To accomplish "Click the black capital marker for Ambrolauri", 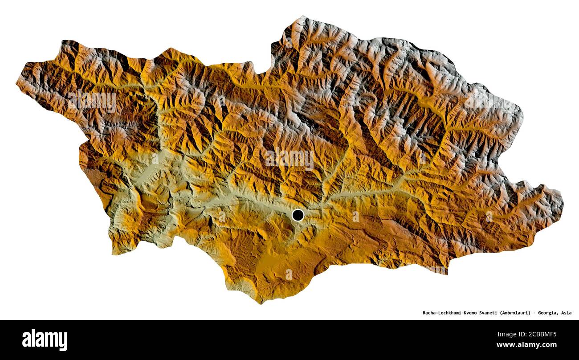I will [298, 215].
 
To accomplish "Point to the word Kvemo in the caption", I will [475, 313].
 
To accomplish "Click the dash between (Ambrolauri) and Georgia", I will [534, 313].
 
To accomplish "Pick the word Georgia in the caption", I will [547, 313].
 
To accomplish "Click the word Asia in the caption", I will [566, 313].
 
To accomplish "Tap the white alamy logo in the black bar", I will [45, 340].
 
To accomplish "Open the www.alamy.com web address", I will [526, 345].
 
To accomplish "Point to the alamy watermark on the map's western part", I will [92, 102].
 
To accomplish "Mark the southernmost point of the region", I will [261, 303].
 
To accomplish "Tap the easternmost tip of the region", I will [563, 203].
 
